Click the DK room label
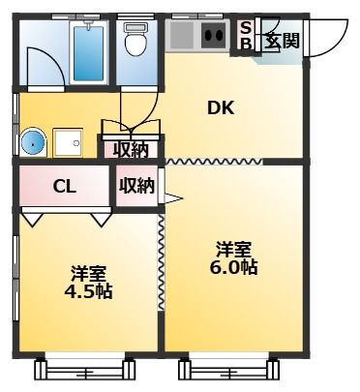point(221,108)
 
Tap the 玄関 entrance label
point(283,41)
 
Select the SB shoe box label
point(246,36)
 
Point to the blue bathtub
point(88,53)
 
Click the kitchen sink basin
point(182,35)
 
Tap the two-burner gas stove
point(215,35)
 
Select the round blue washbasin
point(33,143)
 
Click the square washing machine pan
point(68,142)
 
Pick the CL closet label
point(65,186)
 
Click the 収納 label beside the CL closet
point(136,186)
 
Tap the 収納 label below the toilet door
point(131,149)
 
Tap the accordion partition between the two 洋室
point(161,262)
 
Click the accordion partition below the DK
point(214,162)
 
